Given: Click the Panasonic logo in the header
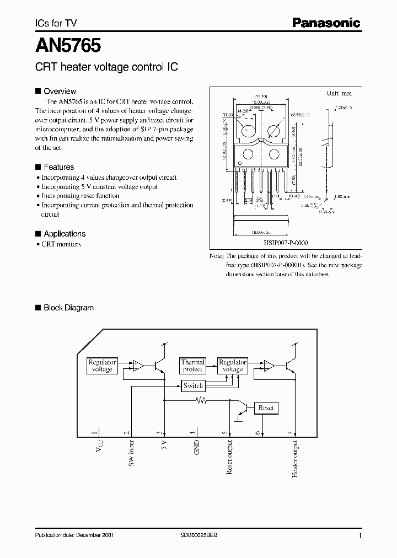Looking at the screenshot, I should point(326,23).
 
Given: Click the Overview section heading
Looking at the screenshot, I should point(60,91).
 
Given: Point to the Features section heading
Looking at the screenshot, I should point(58,167).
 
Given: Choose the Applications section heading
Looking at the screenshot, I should point(64,234).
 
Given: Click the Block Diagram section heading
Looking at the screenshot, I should point(68,308).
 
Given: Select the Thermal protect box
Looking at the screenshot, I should point(193,366).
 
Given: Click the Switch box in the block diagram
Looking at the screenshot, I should point(194,386).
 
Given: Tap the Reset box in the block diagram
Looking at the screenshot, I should point(266,408).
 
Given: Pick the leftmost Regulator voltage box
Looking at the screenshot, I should point(102,366).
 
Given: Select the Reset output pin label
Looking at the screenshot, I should point(229,457).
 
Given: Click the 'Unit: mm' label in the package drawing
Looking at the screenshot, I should point(340,94).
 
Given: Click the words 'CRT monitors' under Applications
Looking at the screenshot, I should point(61,244).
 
